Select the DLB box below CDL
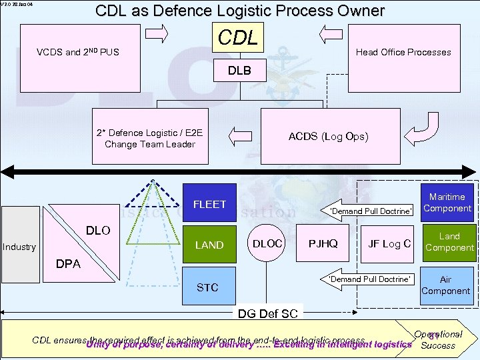(x=239, y=70)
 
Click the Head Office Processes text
(x=403, y=52)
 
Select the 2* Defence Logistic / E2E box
(x=149, y=138)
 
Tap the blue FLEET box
(x=209, y=204)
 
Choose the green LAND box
(x=209, y=245)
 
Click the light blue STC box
(x=208, y=287)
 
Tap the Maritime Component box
(x=447, y=203)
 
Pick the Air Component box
(x=446, y=285)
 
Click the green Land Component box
(x=449, y=242)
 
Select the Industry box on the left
(x=19, y=247)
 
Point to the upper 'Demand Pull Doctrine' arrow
(x=369, y=210)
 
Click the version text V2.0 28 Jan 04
(x=17, y=5)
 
